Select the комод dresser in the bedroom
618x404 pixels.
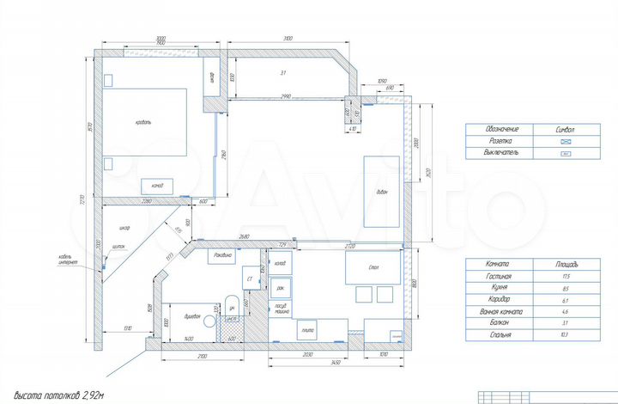pos(157,185)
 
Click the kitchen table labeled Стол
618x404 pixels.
pos(373,268)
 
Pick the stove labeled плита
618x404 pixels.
pos(306,328)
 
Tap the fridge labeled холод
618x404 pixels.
pos(280,263)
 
